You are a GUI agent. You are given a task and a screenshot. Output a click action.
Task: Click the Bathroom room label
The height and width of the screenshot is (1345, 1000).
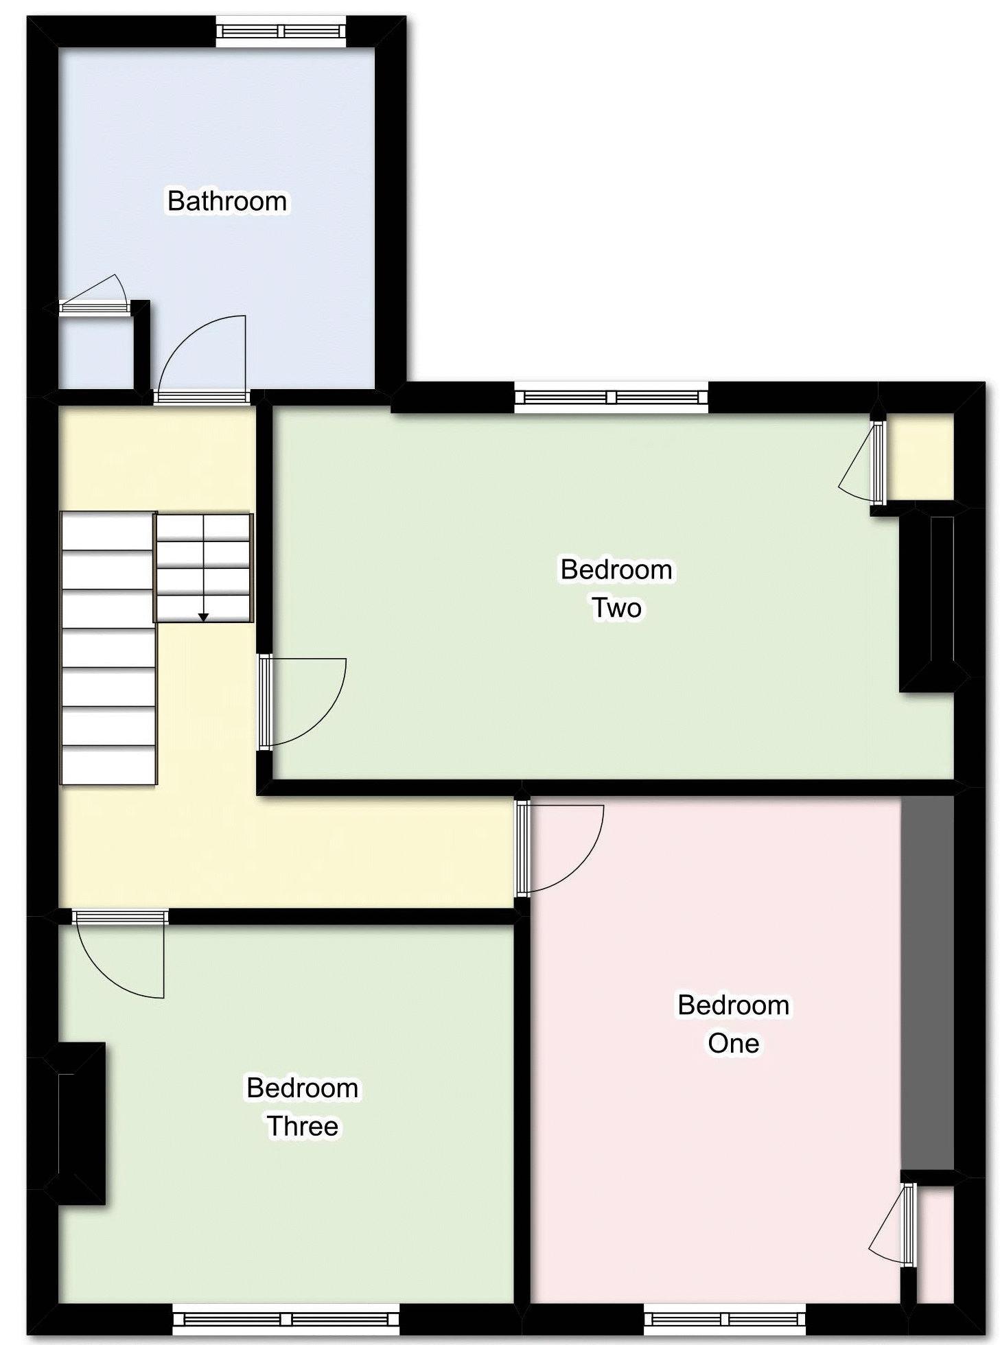coord(226,201)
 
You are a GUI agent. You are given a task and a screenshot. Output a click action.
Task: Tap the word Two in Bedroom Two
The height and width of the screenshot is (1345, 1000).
coord(616,607)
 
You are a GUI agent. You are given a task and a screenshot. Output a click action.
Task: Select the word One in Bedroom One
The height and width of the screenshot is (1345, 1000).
coord(733,1043)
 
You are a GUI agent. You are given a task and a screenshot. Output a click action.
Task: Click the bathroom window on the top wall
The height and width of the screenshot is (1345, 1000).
coord(281,32)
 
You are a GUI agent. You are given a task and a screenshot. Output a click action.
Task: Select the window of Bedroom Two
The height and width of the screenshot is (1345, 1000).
coord(611,397)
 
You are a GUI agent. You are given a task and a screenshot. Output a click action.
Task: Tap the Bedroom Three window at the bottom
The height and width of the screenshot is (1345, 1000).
coord(286,1320)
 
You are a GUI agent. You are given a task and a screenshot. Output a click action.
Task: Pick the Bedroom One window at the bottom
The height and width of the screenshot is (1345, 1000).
coord(724,1320)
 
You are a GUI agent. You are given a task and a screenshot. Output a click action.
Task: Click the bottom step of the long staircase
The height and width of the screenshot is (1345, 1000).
coord(108,764)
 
